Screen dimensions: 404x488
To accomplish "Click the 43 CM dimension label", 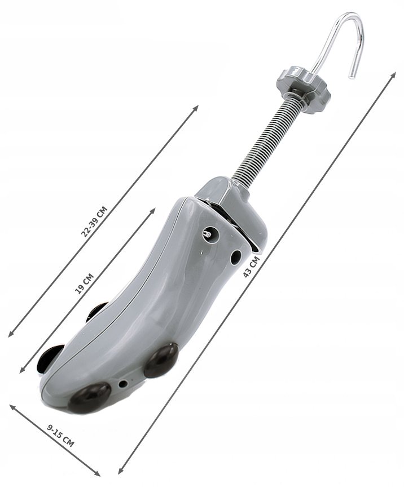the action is pos(251,267).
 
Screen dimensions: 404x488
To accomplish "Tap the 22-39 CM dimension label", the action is pos(94,221).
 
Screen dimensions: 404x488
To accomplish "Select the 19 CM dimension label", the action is pos(85,283).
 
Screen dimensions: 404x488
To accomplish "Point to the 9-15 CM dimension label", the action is pos(60,436).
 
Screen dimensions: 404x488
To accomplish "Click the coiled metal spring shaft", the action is pos(264,138).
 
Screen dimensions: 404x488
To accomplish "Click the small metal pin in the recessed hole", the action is pos(207,234).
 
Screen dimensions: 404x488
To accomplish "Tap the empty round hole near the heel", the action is pos(236,257).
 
